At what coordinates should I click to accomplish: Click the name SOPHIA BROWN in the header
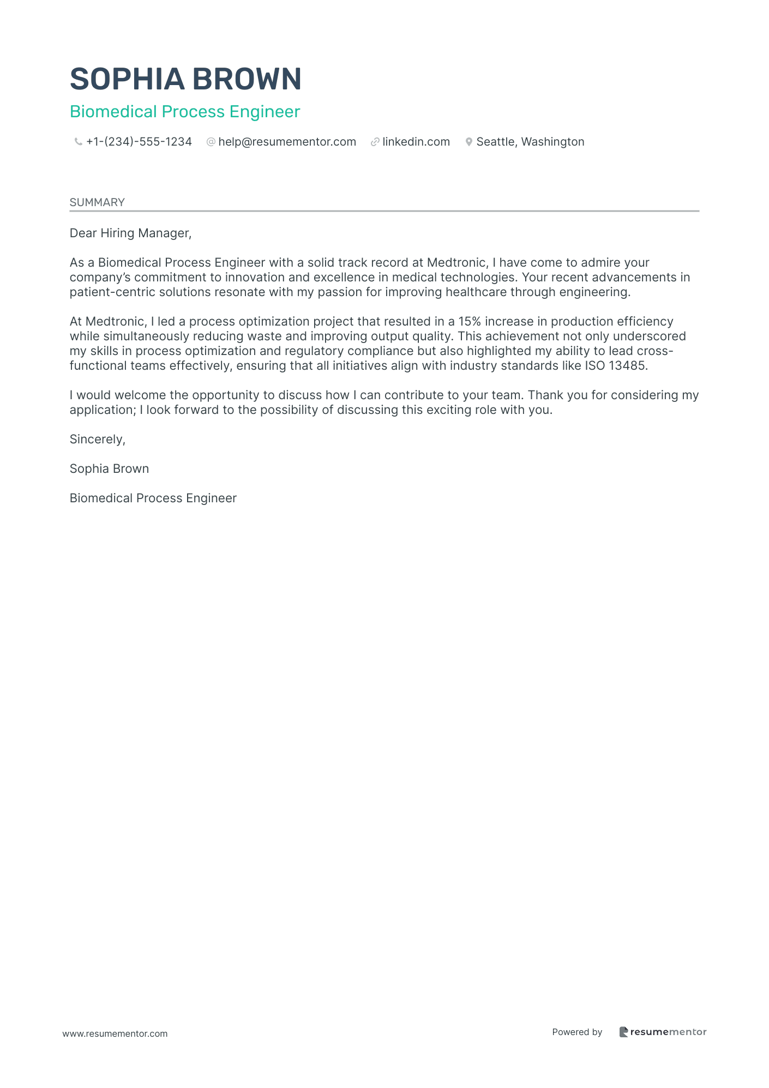pos(185,79)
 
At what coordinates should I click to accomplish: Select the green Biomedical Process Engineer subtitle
pos(185,112)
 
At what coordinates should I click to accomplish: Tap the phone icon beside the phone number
pos(78,142)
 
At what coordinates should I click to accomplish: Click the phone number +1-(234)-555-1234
pos(139,142)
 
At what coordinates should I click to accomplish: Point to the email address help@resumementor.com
pos(287,142)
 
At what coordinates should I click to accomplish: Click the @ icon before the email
pos(211,142)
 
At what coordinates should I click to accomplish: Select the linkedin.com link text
pos(416,142)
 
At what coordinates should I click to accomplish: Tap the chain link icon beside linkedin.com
pos(375,142)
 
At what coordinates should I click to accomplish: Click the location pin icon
pos(468,142)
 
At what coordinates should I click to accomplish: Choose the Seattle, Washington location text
pos(530,142)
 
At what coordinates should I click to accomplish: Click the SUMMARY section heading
pos(97,202)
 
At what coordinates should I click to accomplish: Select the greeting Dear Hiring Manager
pos(130,233)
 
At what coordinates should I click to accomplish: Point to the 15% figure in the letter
pos(470,322)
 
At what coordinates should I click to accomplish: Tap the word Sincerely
pos(97,440)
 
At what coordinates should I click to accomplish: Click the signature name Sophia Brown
pos(109,469)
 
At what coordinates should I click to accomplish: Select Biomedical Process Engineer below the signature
pos(153,498)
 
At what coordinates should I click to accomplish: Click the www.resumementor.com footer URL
pos(115,1033)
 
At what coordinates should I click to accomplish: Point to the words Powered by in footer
pos(577,1032)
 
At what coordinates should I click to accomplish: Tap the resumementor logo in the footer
pos(663,1032)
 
